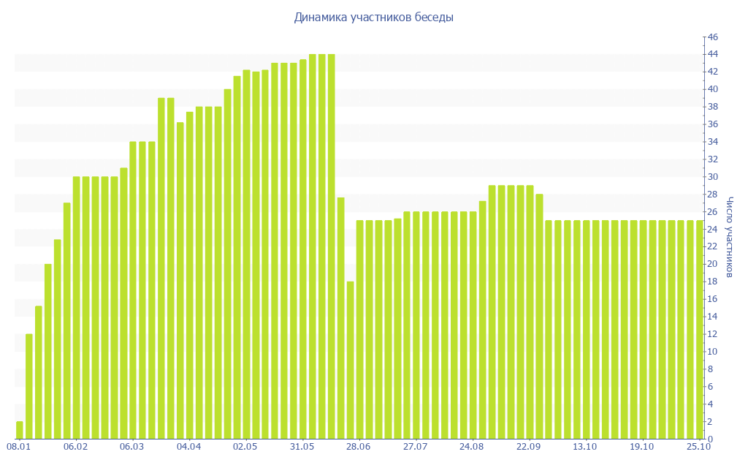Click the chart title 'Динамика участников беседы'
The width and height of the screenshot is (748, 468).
pos(374,17)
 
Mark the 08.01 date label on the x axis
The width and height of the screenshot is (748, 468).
pos(18,446)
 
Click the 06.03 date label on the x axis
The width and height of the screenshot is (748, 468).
pos(132,446)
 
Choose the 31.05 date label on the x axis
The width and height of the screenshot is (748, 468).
pos(302,446)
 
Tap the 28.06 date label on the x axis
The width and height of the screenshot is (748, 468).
pos(359,446)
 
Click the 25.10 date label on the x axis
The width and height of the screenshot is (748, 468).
pos(699,446)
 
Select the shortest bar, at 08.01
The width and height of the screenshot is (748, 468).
pos(20,430)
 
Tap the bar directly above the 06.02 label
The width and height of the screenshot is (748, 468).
pos(77,307)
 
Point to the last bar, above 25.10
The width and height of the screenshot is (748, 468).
pos(700,329)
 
